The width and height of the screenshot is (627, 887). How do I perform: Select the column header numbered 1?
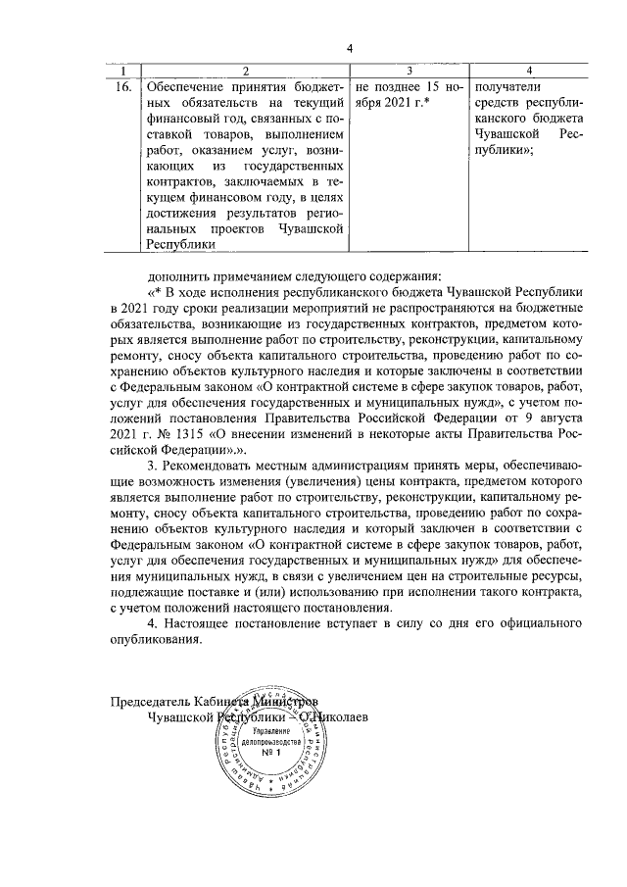click(123, 71)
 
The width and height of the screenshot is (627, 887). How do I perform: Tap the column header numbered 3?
click(409, 71)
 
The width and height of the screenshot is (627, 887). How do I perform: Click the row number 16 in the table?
click(123, 86)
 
